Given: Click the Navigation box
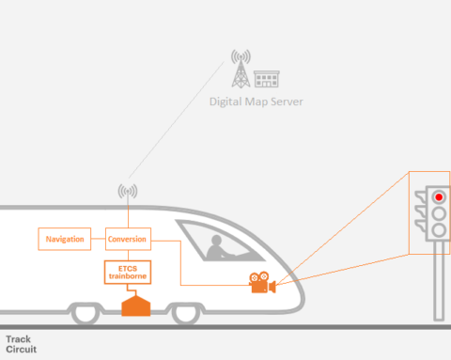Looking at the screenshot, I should click(64, 239).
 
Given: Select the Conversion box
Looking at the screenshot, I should click(127, 239).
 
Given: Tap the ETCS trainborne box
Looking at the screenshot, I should click(128, 273).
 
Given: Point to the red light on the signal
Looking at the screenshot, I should click(438, 196).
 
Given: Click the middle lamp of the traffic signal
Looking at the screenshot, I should click(438, 213).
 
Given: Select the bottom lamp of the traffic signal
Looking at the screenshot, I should click(438, 230).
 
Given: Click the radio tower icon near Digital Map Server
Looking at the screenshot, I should click(241, 70).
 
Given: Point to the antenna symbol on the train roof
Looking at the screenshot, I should click(127, 193).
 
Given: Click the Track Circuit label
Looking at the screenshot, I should click(20, 343).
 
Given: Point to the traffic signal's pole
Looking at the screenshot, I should click(437, 282).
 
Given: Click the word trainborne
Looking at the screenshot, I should click(128, 277).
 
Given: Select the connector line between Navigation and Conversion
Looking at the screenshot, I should click(98, 239).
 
